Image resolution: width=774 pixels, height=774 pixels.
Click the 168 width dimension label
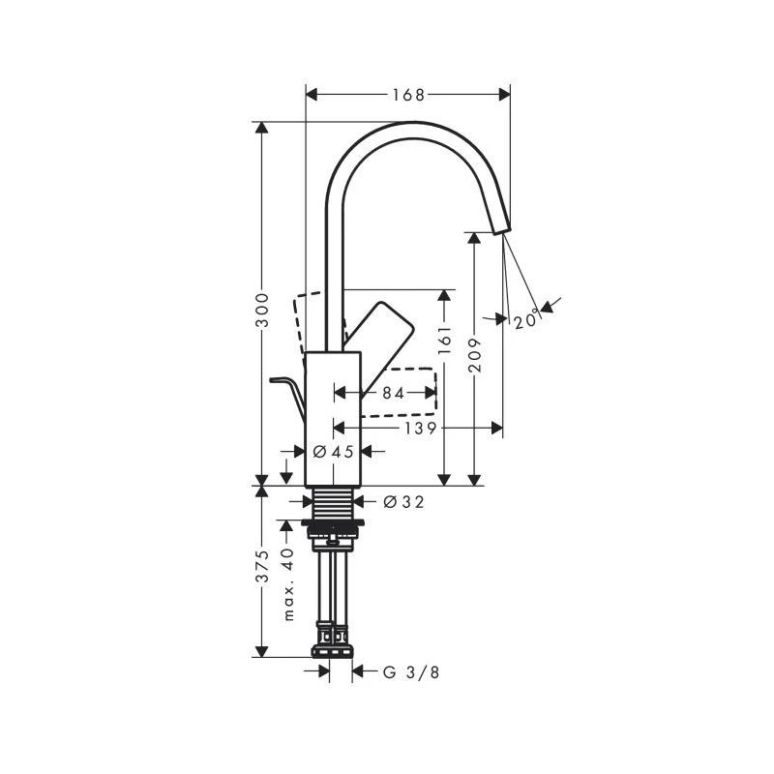408,95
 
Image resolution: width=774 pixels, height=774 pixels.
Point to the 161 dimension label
445,340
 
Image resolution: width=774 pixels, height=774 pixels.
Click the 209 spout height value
474,355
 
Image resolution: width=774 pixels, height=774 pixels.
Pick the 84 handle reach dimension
394,393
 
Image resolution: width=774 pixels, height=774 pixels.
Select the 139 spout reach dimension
421,428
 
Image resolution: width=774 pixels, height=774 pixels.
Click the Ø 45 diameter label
334,451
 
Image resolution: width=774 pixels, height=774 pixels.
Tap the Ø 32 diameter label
403,502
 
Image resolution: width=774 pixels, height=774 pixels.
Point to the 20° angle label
526,321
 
